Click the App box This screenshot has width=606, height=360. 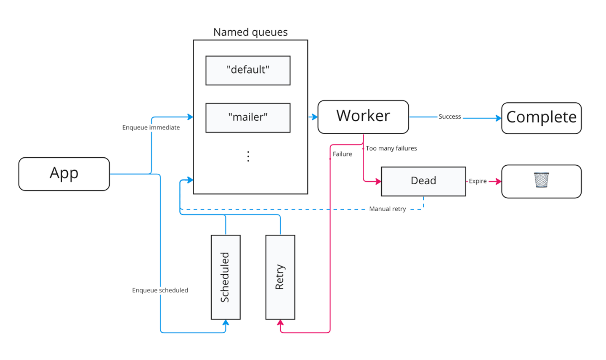64,174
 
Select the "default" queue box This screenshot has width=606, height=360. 248,70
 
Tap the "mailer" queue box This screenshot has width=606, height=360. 248,117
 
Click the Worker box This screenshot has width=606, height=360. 363,116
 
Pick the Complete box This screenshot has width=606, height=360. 541,118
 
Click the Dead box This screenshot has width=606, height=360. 423,181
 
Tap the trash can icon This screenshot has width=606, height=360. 541,180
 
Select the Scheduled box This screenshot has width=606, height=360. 226,277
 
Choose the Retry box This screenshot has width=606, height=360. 280,277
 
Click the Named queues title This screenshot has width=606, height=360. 250,32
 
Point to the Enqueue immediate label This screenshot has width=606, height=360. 151,127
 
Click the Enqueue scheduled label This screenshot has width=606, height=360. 160,290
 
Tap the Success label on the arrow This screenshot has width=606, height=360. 449,116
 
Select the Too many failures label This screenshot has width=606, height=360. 391,148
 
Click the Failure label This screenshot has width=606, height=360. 342,154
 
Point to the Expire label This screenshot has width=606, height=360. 478,181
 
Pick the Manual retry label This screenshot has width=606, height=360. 387,209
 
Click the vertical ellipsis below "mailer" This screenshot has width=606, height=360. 248,156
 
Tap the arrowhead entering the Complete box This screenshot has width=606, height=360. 499,118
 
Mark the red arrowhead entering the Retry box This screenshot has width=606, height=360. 280,323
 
